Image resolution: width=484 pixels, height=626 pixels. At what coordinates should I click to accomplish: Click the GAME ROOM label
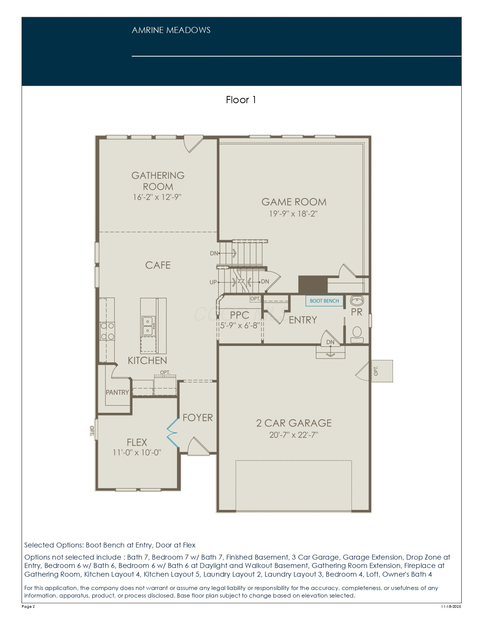tap(294, 202)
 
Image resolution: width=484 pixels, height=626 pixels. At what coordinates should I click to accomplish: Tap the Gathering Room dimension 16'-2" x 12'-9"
tap(157, 197)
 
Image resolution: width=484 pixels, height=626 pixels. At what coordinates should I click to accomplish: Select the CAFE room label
tap(158, 265)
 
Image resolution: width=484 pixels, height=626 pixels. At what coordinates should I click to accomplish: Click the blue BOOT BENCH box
tap(324, 301)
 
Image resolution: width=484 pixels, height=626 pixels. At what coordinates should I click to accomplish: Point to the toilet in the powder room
tap(357, 335)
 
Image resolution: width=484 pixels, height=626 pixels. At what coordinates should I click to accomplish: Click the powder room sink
tap(357, 301)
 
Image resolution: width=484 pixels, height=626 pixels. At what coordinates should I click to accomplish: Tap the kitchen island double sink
tap(148, 325)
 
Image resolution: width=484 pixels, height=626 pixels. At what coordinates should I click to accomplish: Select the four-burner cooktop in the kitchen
tap(107, 331)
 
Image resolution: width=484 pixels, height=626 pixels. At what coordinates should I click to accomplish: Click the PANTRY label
tap(117, 392)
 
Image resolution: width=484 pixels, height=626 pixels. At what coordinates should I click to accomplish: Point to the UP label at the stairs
tap(213, 282)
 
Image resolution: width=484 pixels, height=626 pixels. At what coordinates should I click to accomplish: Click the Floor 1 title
tap(241, 100)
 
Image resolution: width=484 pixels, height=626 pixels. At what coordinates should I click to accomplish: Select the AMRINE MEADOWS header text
tap(171, 30)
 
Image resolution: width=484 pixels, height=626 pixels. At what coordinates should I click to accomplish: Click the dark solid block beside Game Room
tap(313, 285)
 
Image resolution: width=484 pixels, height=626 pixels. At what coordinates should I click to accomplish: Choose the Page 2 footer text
tap(28, 606)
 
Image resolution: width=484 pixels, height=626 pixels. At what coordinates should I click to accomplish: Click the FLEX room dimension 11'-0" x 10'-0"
tap(137, 452)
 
